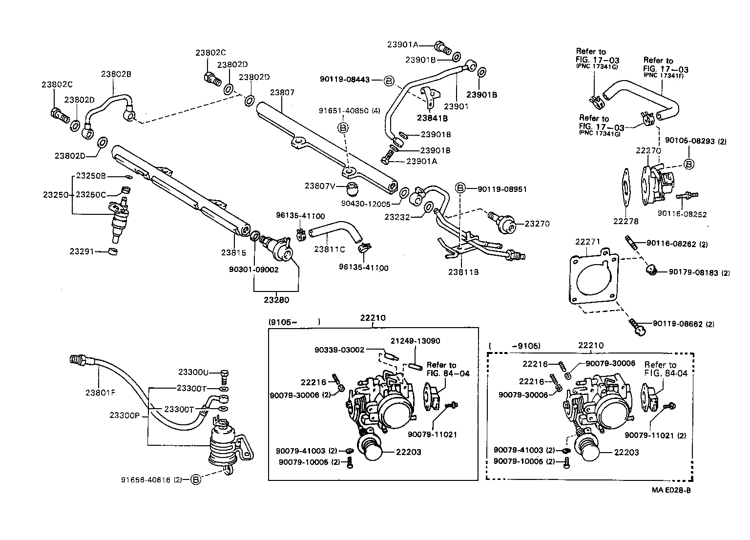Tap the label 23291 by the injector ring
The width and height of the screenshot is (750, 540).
(82, 251)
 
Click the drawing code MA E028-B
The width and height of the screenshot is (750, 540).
(670, 490)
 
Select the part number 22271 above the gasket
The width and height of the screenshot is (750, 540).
(587, 242)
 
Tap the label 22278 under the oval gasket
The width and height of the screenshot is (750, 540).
(626, 221)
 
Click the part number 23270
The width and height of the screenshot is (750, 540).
(537, 224)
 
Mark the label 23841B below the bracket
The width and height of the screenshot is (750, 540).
(432, 118)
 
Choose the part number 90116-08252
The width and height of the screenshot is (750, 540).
(682, 213)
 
